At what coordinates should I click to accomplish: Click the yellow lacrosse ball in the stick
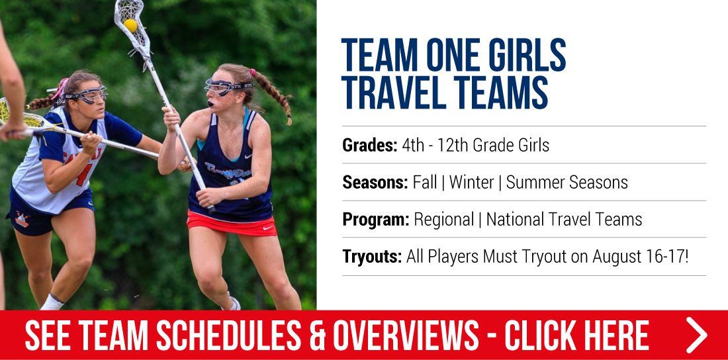pyautogui.click(x=130, y=25)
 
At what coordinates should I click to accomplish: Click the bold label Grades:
pyautogui.click(x=369, y=146)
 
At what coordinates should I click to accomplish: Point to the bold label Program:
pyautogui.click(x=376, y=220)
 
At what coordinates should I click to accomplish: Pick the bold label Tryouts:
pyautogui.click(x=373, y=256)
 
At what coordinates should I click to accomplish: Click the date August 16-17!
pyautogui.click(x=641, y=256)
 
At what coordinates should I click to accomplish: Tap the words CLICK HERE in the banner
pyautogui.click(x=576, y=335)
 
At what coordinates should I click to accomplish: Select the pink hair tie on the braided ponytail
pyautogui.click(x=253, y=73)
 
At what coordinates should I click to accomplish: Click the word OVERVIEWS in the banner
pyautogui.click(x=407, y=335)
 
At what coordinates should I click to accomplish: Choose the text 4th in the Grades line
pyautogui.click(x=413, y=146)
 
